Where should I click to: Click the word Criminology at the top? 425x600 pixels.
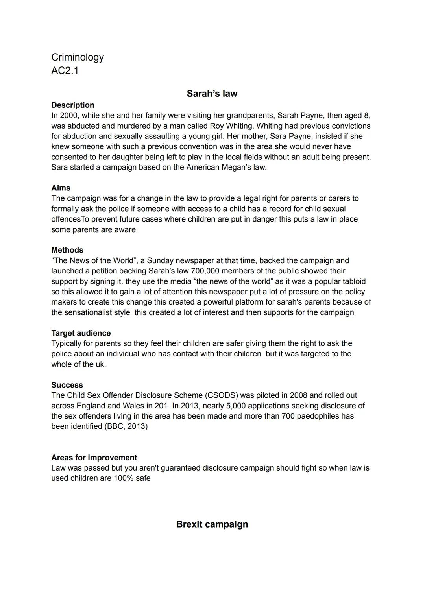coord(78,57)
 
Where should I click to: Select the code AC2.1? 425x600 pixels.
coord(65,71)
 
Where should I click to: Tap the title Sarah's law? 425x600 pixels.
coord(212,94)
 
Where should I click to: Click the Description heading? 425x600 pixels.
coord(73,105)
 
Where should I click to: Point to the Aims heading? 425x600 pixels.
coord(61,188)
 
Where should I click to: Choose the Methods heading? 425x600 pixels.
coord(67,250)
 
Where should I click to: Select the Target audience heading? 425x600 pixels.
coord(81,333)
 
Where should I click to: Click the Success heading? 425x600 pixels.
coord(67,385)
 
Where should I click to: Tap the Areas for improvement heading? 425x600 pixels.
coord(94,458)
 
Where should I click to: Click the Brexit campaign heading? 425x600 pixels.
coord(212,524)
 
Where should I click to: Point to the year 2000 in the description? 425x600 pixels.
coord(69,116)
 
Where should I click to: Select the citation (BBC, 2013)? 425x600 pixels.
coord(126,426)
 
